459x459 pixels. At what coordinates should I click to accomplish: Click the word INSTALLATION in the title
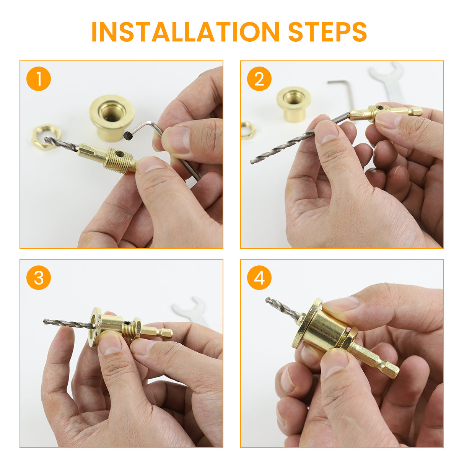(x=185, y=32)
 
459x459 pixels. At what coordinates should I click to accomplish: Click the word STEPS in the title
(x=327, y=32)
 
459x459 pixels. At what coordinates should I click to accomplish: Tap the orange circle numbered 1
(x=39, y=79)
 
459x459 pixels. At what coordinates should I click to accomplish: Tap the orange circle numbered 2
(x=259, y=79)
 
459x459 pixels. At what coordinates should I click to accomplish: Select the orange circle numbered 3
(x=39, y=277)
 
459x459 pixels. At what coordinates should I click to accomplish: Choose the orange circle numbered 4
(x=259, y=277)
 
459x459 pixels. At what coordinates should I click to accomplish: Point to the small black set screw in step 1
(x=127, y=136)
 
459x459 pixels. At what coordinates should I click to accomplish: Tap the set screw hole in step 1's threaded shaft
(x=120, y=155)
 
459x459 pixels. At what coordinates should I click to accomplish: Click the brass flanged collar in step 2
(x=294, y=104)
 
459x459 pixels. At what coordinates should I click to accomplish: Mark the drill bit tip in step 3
(x=45, y=322)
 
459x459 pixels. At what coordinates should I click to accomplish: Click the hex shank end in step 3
(x=171, y=334)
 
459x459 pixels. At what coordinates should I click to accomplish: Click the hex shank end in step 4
(x=395, y=373)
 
